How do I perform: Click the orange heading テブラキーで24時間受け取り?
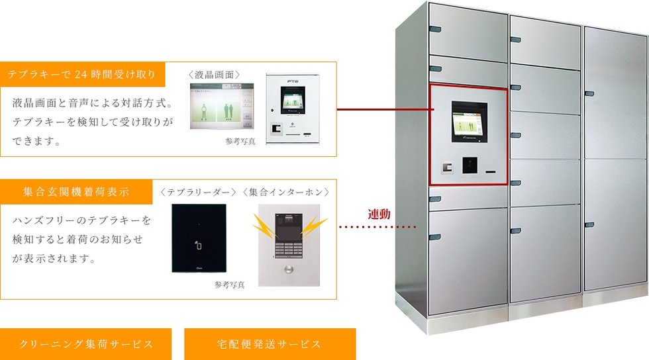point(81,75)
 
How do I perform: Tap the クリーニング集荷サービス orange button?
point(87,344)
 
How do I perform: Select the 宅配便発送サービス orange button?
point(270,344)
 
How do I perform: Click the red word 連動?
point(379,214)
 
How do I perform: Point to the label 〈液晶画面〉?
point(214,75)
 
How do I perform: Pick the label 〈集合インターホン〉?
point(285,192)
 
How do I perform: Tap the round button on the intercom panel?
point(289,270)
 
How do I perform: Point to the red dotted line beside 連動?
point(377,228)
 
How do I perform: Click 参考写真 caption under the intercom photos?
point(230,285)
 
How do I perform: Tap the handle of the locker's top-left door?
point(434,29)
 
